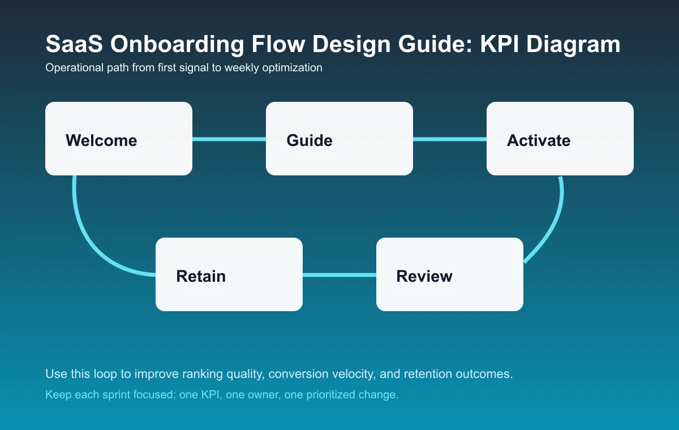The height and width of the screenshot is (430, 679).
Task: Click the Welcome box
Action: [x=119, y=139]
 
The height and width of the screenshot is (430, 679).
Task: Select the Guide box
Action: [x=339, y=139]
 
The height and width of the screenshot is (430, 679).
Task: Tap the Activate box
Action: [x=560, y=139]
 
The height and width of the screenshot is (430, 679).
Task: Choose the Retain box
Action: [x=229, y=274]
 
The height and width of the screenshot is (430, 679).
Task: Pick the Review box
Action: [x=450, y=274]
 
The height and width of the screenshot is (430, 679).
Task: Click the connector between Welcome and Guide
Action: [x=229, y=139]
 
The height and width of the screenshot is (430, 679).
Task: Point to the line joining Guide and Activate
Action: [x=450, y=139]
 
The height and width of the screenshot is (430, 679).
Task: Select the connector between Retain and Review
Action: [x=339, y=275]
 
